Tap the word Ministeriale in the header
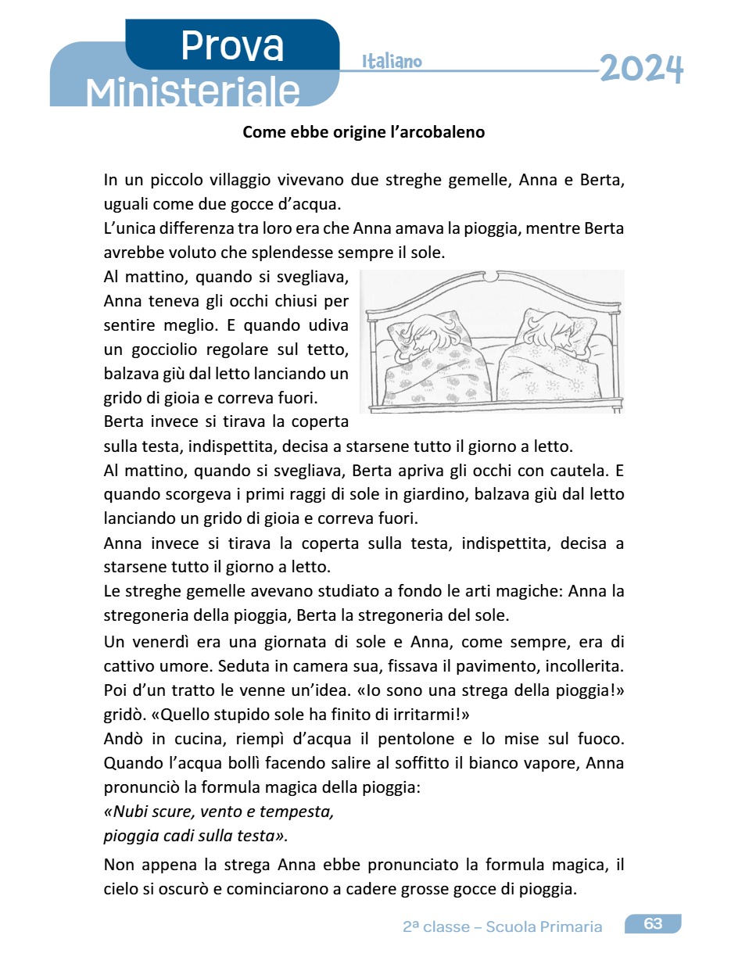tap(193, 92)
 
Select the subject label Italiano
tap(392, 62)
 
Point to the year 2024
tap(641, 70)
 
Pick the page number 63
tap(653, 923)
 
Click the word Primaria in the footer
tap(572, 927)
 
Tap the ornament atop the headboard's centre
tap(490, 278)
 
